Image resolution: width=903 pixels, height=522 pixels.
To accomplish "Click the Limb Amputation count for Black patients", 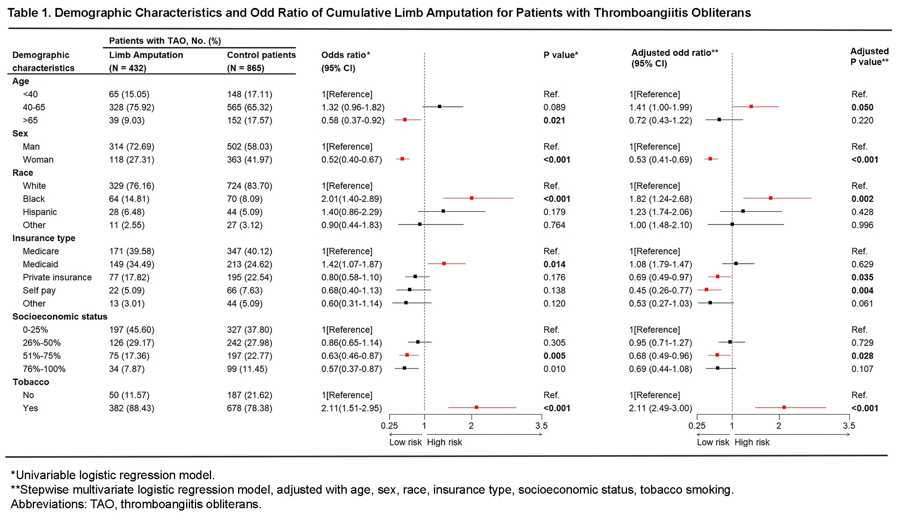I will [129, 199].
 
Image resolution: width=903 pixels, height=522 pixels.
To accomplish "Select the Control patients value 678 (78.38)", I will [249, 408].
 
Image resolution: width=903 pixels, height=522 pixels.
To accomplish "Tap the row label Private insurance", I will [57, 277].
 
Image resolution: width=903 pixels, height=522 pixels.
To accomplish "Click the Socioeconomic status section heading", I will [60, 317].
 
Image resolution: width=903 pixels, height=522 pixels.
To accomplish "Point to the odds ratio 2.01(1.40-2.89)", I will [351, 199].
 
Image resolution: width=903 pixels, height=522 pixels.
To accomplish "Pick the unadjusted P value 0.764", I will [554, 225].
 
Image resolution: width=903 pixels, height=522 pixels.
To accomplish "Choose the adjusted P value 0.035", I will [862, 277].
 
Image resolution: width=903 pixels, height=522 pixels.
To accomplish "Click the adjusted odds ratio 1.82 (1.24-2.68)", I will [660, 199].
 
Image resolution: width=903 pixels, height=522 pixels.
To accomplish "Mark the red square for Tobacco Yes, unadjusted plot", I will [476, 407].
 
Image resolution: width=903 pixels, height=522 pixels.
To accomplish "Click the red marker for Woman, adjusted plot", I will [710, 159].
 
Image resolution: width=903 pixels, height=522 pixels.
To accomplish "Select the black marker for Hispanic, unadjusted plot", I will [443, 211].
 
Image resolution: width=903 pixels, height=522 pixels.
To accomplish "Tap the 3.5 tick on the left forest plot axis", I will [541, 425].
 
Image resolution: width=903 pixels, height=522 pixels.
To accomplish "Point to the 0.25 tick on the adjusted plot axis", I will [697, 425].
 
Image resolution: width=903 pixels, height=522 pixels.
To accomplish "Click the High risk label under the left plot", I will [444, 442].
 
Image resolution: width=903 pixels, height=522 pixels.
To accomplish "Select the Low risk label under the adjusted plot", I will [713, 442].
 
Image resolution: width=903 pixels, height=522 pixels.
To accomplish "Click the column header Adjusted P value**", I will [869, 57].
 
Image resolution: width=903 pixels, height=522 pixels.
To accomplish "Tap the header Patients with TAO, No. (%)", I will [165, 41].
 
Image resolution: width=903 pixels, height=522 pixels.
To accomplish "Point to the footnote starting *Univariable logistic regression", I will [113, 475].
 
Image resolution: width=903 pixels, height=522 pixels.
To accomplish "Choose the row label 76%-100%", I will [44, 369].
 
